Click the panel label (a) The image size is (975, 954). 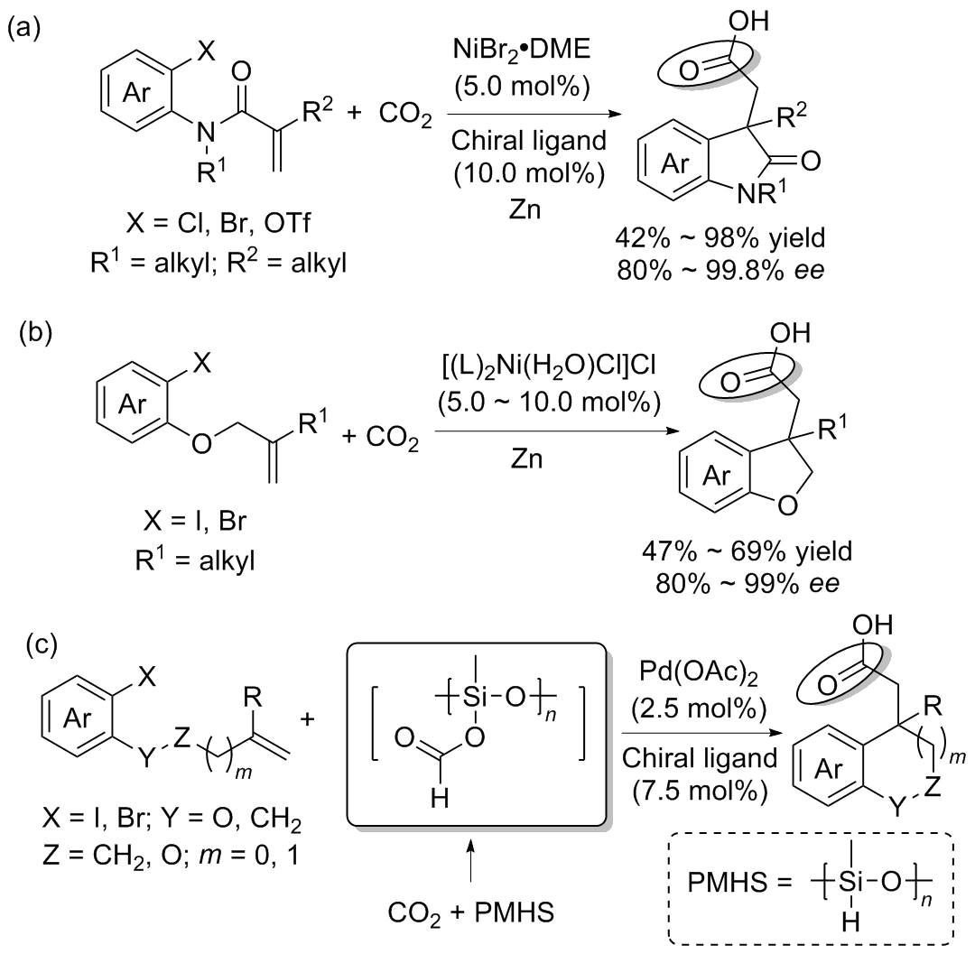tap(23, 29)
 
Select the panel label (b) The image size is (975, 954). tap(35, 332)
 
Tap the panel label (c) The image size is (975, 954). tap(41, 644)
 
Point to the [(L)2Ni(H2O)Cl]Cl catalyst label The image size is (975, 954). tap(549, 365)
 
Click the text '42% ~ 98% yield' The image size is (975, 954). tap(720, 237)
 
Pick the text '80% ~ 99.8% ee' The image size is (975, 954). tap(720, 271)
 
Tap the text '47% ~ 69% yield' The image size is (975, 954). tap(747, 551)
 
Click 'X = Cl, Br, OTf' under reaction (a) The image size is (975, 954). tap(218, 223)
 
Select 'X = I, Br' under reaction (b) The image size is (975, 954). tap(195, 520)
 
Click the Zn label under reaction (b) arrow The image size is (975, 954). tap(526, 458)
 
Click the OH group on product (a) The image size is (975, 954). tap(748, 21)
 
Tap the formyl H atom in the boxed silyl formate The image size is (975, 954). tap(440, 798)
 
